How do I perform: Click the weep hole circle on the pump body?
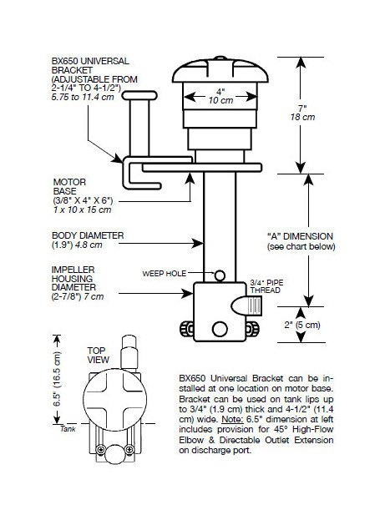pyautogui.click(x=220, y=275)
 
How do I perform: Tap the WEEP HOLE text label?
pyautogui.click(x=164, y=274)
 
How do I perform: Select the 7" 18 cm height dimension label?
pyautogui.click(x=302, y=113)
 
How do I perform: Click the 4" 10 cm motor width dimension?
pyautogui.click(x=220, y=96)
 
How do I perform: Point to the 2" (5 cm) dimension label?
pyautogui.click(x=302, y=325)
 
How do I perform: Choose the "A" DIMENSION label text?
pyautogui.click(x=300, y=236)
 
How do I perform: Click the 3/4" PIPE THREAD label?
pyautogui.click(x=266, y=286)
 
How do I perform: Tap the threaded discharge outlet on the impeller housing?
pyautogui.click(x=246, y=305)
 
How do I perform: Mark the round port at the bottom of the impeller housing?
pyautogui.click(x=220, y=329)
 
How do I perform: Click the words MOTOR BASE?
pyautogui.click(x=69, y=186)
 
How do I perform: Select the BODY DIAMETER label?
pyautogui.click(x=88, y=235)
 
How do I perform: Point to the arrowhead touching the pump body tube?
pyautogui.click(x=198, y=243)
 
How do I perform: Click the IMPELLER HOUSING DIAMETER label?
pyautogui.click(x=73, y=279)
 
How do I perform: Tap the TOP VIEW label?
pyautogui.click(x=98, y=356)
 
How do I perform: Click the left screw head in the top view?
pyautogui.click(x=101, y=450)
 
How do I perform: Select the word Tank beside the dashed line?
pyautogui.click(x=68, y=429)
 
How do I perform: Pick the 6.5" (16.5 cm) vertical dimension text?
pyautogui.click(x=57, y=379)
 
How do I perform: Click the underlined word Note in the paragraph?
pyautogui.click(x=232, y=419)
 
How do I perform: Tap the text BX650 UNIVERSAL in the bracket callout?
pyautogui.click(x=90, y=61)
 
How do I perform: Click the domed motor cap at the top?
pyautogui.click(x=220, y=69)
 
